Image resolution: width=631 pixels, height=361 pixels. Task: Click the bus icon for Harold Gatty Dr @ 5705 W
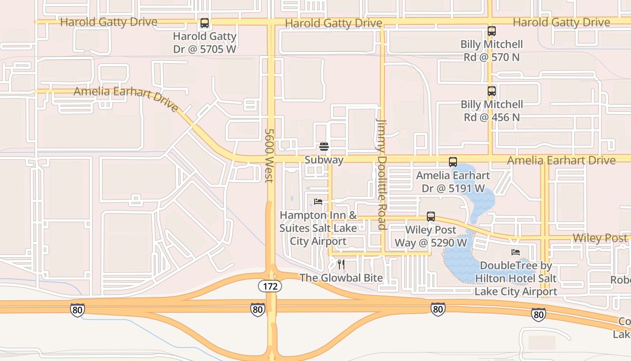(x=205, y=23)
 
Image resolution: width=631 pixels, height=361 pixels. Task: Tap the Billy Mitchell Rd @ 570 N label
(x=491, y=51)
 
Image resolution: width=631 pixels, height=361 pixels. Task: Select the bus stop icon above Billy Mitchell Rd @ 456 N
(x=492, y=91)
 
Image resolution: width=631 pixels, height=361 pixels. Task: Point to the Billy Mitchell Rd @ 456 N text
(x=491, y=111)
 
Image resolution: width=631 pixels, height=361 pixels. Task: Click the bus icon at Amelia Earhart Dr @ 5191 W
(x=453, y=162)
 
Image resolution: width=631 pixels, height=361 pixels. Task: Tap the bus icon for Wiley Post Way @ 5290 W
(x=431, y=217)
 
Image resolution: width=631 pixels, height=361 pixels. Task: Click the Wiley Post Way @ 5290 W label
(x=431, y=236)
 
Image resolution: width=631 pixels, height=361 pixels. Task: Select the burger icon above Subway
(x=324, y=147)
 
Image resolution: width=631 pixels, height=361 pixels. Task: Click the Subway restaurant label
(x=324, y=160)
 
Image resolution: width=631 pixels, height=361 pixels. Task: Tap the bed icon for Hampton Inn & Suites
(x=318, y=202)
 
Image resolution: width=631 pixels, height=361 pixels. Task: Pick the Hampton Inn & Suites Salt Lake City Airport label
(x=318, y=228)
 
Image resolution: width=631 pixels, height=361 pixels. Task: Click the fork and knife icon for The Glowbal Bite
(x=341, y=264)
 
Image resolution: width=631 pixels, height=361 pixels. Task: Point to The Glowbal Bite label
(x=341, y=278)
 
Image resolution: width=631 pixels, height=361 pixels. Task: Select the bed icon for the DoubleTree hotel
(x=516, y=252)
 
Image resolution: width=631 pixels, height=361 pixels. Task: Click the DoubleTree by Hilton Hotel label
(x=516, y=278)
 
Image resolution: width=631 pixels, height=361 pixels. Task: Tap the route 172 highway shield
(x=270, y=286)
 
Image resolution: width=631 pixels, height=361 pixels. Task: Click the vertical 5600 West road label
(x=269, y=156)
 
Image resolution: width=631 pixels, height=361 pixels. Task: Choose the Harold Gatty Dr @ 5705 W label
(x=205, y=42)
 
